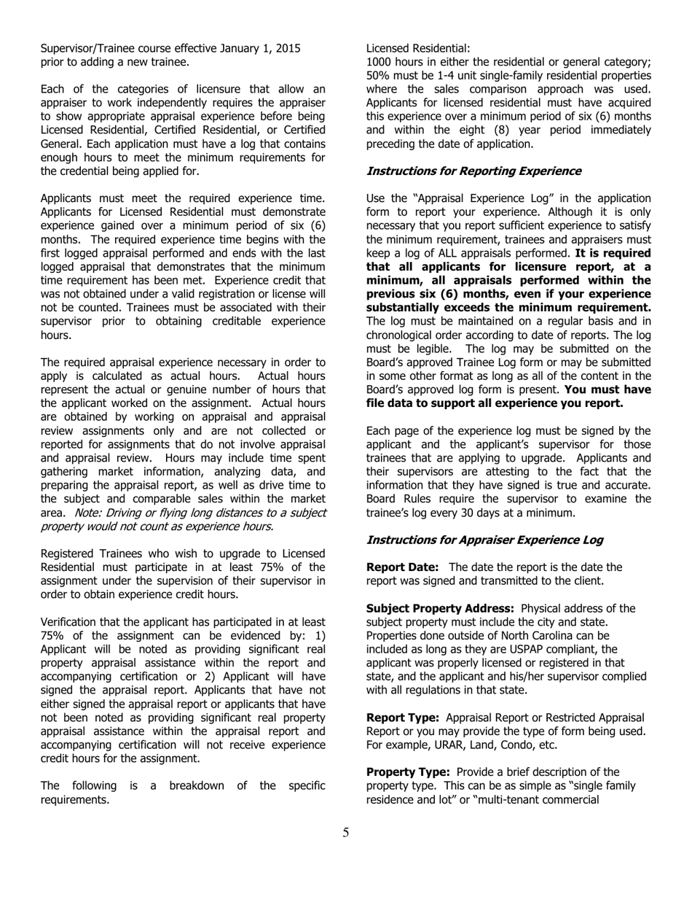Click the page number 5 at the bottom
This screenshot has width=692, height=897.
pos(345,833)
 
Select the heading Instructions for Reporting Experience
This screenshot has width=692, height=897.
pos(473,171)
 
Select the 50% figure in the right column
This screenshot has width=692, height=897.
pos(377,76)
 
